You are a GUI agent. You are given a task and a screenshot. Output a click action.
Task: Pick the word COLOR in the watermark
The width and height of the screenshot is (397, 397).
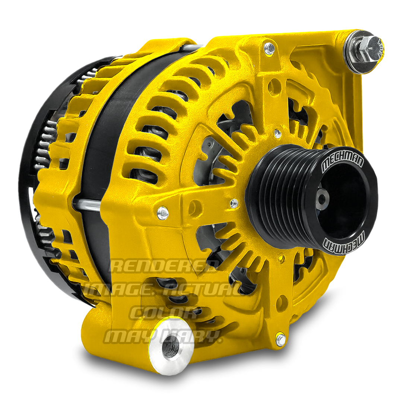164,313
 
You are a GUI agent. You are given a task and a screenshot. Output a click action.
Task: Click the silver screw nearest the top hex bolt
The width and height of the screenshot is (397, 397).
269,48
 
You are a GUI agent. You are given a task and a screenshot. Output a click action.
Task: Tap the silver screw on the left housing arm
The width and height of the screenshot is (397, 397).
163,213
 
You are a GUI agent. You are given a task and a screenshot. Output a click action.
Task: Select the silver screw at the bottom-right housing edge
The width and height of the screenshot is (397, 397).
281,339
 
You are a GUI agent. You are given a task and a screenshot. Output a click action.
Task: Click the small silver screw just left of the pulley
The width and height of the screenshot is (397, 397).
234,203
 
